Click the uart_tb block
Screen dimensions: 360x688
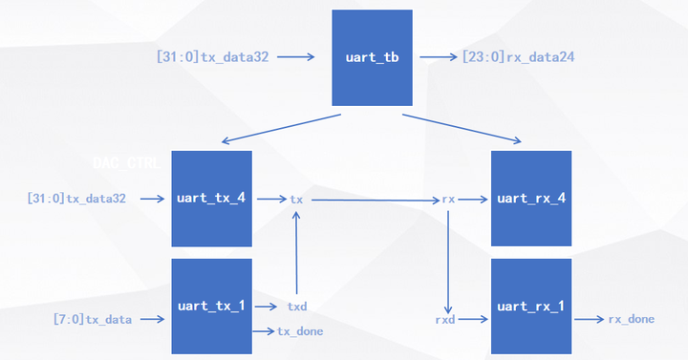[372, 58]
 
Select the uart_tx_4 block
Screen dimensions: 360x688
[211, 199]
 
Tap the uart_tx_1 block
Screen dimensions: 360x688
[211, 306]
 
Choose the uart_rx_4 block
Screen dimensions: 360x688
[531, 199]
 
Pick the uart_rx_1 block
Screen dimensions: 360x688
[531, 306]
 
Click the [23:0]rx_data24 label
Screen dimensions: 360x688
[518, 57]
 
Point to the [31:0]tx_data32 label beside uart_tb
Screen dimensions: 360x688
[218, 57]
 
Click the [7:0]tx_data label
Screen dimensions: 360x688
[93, 319]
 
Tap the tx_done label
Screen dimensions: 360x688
[300, 331]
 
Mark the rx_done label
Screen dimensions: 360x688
[632, 319]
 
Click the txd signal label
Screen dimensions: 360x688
[297, 307]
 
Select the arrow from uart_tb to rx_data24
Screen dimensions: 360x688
[439, 57]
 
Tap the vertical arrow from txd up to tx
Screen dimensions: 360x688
[297, 253]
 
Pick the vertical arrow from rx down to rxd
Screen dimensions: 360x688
[448, 253]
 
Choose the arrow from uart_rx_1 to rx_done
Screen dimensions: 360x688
[588, 319]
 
